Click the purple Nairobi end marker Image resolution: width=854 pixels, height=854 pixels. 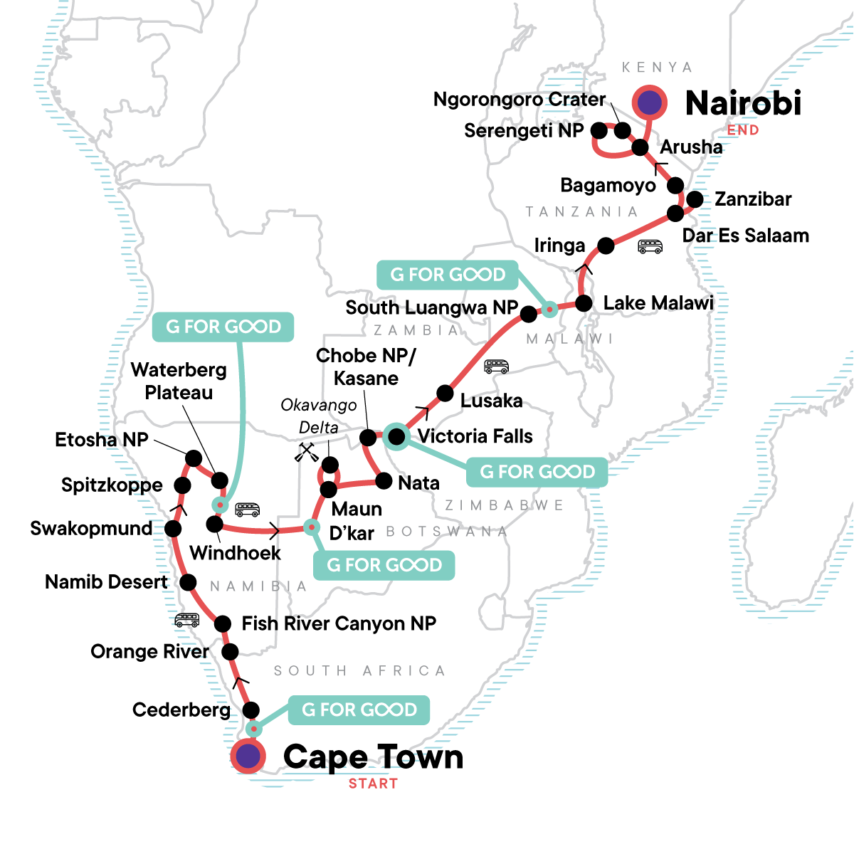pyautogui.click(x=649, y=102)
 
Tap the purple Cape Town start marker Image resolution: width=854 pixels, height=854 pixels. pyautogui.click(x=248, y=756)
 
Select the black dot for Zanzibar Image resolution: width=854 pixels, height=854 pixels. pyautogui.click(x=695, y=199)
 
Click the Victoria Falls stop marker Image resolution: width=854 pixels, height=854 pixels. pyautogui.click(x=396, y=436)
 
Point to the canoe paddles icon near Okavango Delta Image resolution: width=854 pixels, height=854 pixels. pyautogui.click(x=307, y=453)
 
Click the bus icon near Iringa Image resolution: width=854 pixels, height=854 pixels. pyautogui.click(x=650, y=247)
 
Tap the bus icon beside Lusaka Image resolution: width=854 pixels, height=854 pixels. pyautogui.click(x=496, y=367)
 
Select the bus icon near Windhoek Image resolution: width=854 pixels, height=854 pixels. pyautogui.click(x=248, y=509)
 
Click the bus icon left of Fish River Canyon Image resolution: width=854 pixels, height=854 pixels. pyautogui.click(x=187, y=621)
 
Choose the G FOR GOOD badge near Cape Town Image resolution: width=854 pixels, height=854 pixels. pyautogui.click(x=359, y=710)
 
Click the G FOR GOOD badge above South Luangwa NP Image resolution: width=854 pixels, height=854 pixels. pyautogui.click(x=448, y=275)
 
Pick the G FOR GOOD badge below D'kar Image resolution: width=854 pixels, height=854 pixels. pyautogui.click(x=384, y=565)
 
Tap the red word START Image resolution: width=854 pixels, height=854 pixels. pyautogui.click(x=373, y=784)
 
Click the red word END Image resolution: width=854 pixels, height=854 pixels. pyautogui.click(x=743, y=130)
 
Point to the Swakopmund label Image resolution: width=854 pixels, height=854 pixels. pyautogui.click(x=91, y=529)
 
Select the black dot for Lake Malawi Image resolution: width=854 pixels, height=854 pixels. pyautogui.click(x=584, y=303)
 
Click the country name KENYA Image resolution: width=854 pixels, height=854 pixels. pyautogui.click(x=657, y=68)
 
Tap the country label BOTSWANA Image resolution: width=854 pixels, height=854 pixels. pyautogui.click(x=447, y=532)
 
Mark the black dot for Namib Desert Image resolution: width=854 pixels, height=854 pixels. pyautogui.click(x=188, y=583)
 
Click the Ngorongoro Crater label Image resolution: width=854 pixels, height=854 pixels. pyautogui.click(x=520, y=100)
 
